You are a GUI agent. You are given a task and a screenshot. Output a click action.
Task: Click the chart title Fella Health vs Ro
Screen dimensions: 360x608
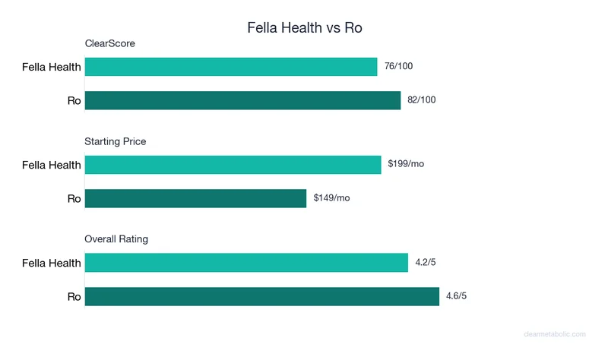[x=304, y=27]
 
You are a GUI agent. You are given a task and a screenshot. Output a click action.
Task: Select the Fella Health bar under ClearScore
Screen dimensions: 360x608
[x=231, y=67]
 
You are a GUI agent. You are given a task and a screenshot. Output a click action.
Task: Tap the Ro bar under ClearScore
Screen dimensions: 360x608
[x=242, y=100]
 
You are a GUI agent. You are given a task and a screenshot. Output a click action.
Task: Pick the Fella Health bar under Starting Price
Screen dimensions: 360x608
[x=233, y=165]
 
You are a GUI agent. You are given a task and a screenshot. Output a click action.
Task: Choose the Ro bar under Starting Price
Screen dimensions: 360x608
[x=195, y=198]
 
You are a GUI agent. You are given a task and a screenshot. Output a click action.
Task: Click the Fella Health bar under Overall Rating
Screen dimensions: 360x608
[x=246, y=263]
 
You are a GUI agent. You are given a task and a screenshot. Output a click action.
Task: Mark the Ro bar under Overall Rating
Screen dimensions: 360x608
[x=262, y=296]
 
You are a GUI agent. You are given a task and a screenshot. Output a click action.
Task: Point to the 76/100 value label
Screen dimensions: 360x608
[x=399, y=67]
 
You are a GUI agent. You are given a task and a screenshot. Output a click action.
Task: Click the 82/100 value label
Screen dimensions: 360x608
[x=422, y=100]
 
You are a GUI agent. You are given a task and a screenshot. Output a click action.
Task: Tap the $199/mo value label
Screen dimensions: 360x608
[x=406, y=165]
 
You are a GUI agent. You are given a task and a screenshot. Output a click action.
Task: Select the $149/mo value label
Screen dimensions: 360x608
[x=331, y=198]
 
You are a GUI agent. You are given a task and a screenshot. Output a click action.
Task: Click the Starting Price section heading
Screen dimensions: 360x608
[x=116, y=141]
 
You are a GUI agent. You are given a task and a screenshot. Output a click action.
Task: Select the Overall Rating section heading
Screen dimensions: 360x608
[x=116, y=239]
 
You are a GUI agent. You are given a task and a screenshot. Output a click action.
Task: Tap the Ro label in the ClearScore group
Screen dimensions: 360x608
[x=74, y=100]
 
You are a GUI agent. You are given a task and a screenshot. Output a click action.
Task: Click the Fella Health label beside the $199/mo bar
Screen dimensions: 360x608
[x=51, y=165]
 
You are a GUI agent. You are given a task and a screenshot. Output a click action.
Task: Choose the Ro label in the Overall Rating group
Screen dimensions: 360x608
[x=74, y=296]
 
